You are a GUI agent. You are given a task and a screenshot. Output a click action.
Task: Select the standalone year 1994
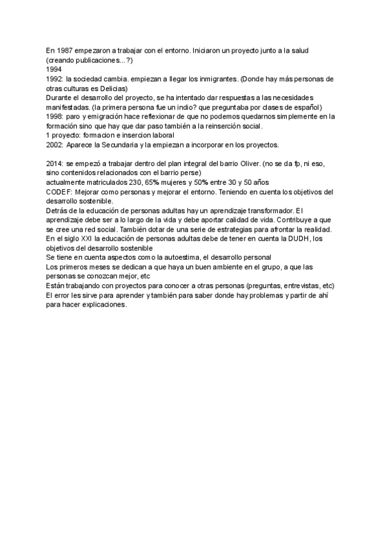point(54,69)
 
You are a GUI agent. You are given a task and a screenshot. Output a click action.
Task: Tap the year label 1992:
point(55,79)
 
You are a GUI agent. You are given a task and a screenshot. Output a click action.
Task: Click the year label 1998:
point(55,117)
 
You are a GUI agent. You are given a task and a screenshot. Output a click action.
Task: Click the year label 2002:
point(55,145)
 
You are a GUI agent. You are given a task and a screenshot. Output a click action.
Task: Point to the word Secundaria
point(117,145)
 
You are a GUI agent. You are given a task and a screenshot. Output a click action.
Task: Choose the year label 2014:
point(55,164)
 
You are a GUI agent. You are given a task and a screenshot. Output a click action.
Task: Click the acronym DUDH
point(291,239)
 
